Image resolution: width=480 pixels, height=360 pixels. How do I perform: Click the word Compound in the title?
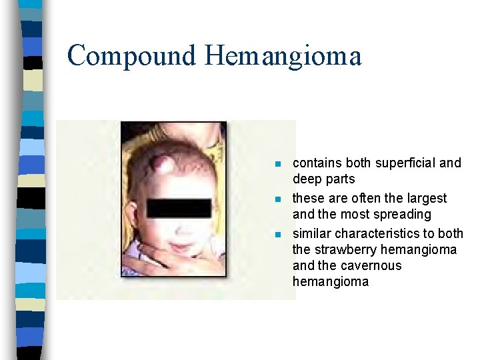click(x=131, y=56)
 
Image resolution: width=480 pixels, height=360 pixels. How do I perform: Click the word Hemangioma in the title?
click(x=283, y=56)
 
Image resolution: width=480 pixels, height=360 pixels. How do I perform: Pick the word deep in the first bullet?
click(x=306, y=179)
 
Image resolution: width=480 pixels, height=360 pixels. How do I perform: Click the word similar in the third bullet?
click(x=312, y=233)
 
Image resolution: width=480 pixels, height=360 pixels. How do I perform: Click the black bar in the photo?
click(x=178, y=208)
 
